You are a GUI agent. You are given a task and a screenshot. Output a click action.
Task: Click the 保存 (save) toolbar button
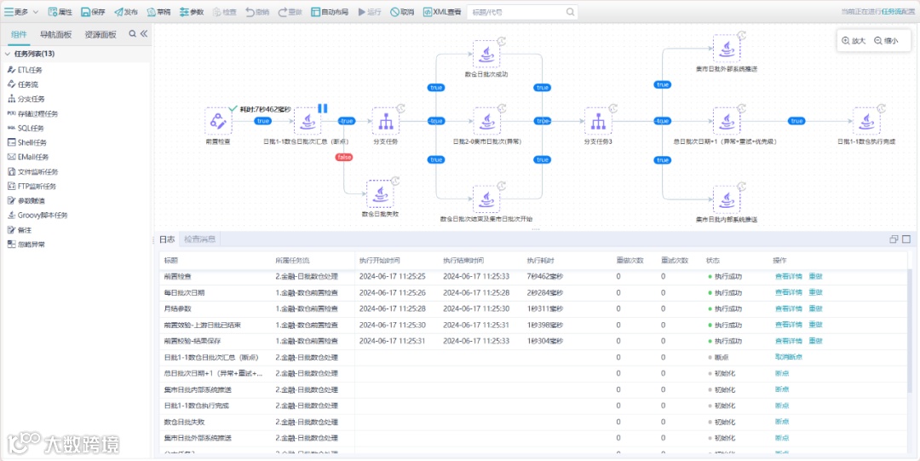[x=93, y=12]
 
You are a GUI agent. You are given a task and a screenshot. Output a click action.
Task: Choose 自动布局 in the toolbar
[x=329, y=12]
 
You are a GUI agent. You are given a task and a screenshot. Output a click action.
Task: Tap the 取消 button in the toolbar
[x=402, y=12]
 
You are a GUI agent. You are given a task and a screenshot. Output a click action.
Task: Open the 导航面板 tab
[x=55, y=34]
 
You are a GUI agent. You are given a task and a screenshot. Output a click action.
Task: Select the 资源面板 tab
[x=101, y=34]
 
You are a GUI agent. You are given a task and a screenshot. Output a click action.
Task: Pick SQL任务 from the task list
[x=31, y=128]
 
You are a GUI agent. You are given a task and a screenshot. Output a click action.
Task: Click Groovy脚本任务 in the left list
[x=43, y=215]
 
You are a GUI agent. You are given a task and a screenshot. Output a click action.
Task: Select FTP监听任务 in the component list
[x=37, y=186]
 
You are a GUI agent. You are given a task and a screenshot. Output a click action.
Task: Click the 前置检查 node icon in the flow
[x=218, y=121]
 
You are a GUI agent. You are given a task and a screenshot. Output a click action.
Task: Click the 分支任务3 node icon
[x=598, y=121]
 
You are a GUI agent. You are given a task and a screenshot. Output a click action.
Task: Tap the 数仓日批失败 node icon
[x=380, y=193]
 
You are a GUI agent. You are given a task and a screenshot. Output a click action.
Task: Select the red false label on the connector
[x=345, y=157]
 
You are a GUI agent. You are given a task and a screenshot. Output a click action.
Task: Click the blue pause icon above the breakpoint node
[x=323, y=108]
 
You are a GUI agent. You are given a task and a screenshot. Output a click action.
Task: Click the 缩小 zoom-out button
[x=886, y=40]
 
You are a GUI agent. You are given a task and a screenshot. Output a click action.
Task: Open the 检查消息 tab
[x=200, y=239]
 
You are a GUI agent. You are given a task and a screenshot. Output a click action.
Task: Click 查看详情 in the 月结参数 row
[x=788, y=308]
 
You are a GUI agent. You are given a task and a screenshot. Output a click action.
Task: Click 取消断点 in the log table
[x=788, y=356]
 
